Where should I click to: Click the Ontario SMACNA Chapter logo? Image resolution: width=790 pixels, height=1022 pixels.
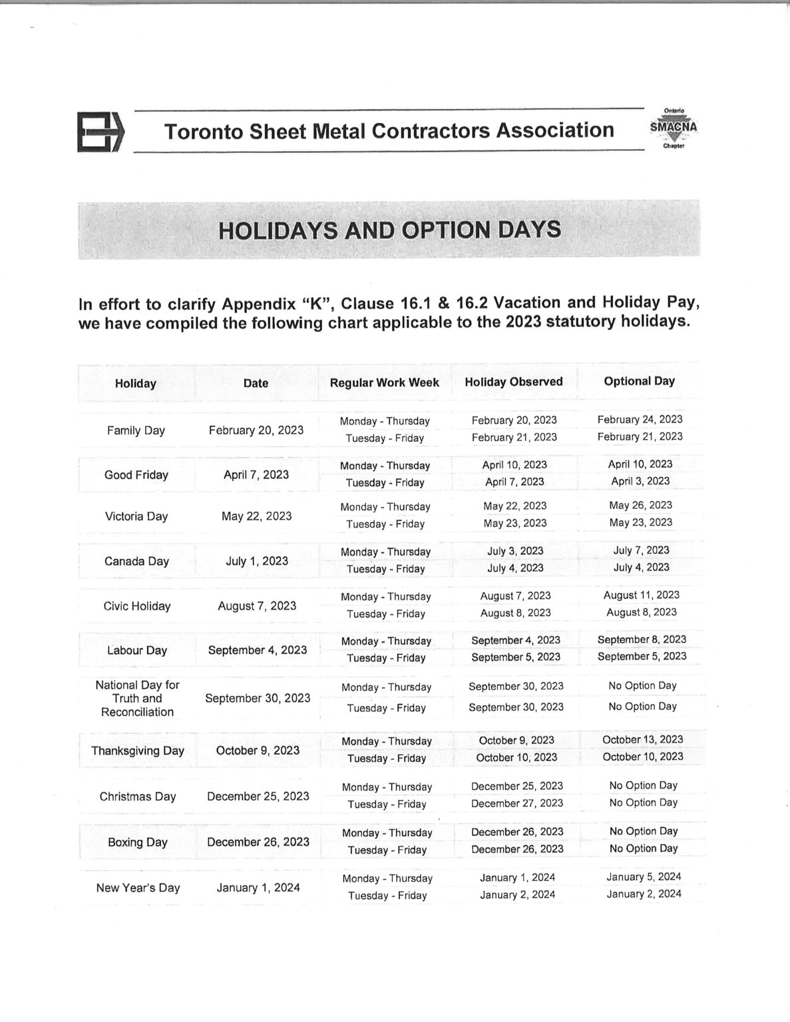coord(673,128)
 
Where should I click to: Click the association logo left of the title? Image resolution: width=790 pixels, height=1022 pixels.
coord(100,132)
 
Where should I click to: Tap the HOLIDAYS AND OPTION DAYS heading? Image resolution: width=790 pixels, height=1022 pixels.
coord(389,230)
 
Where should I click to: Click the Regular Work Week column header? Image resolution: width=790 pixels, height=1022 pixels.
coord(384,383)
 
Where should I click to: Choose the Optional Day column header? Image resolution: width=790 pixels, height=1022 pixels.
coord(639,381)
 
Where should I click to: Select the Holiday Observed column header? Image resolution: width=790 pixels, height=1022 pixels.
coord(513,382)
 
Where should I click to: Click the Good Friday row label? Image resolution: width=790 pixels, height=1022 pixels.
coord(136,475)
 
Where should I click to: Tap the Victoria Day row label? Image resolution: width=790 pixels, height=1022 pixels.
coord(136,516)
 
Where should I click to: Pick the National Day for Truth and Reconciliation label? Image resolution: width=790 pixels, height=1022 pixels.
coord(137,698)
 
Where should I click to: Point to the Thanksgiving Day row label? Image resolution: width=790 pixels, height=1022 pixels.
coord(138,751)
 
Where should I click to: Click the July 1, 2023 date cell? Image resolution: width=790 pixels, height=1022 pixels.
coord(257,561)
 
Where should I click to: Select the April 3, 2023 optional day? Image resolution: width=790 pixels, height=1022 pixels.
coord(640,481)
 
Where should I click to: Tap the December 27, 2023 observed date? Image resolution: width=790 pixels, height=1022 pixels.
coord(516,803)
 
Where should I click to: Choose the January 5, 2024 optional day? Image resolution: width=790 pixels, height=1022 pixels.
coord(644,877)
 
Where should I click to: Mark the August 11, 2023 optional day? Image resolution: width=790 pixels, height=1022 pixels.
coord(641,595)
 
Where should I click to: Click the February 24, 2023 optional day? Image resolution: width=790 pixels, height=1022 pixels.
coord(640,419)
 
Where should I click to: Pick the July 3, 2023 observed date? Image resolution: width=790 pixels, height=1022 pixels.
coord(515,551)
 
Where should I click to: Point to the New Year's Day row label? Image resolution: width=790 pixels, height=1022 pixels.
coord(138,888)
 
